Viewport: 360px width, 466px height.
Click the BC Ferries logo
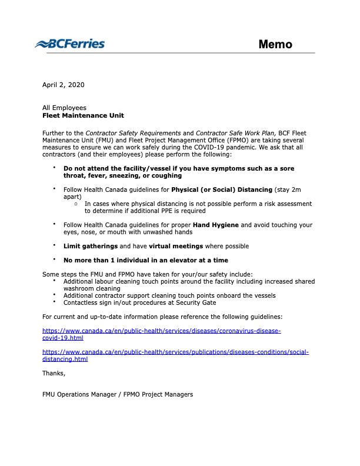(69, 44)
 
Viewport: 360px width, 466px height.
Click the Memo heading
(275, 45)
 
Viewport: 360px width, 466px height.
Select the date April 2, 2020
(64, 85)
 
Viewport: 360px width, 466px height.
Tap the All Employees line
(64, 108)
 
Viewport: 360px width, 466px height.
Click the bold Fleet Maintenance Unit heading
(83, 115)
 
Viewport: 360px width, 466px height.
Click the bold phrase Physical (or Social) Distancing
(222, 189)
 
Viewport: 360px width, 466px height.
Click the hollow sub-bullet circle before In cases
(76, 204)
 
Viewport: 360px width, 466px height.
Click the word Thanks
(54, 373)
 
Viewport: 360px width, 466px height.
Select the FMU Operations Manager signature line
(117, 394)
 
